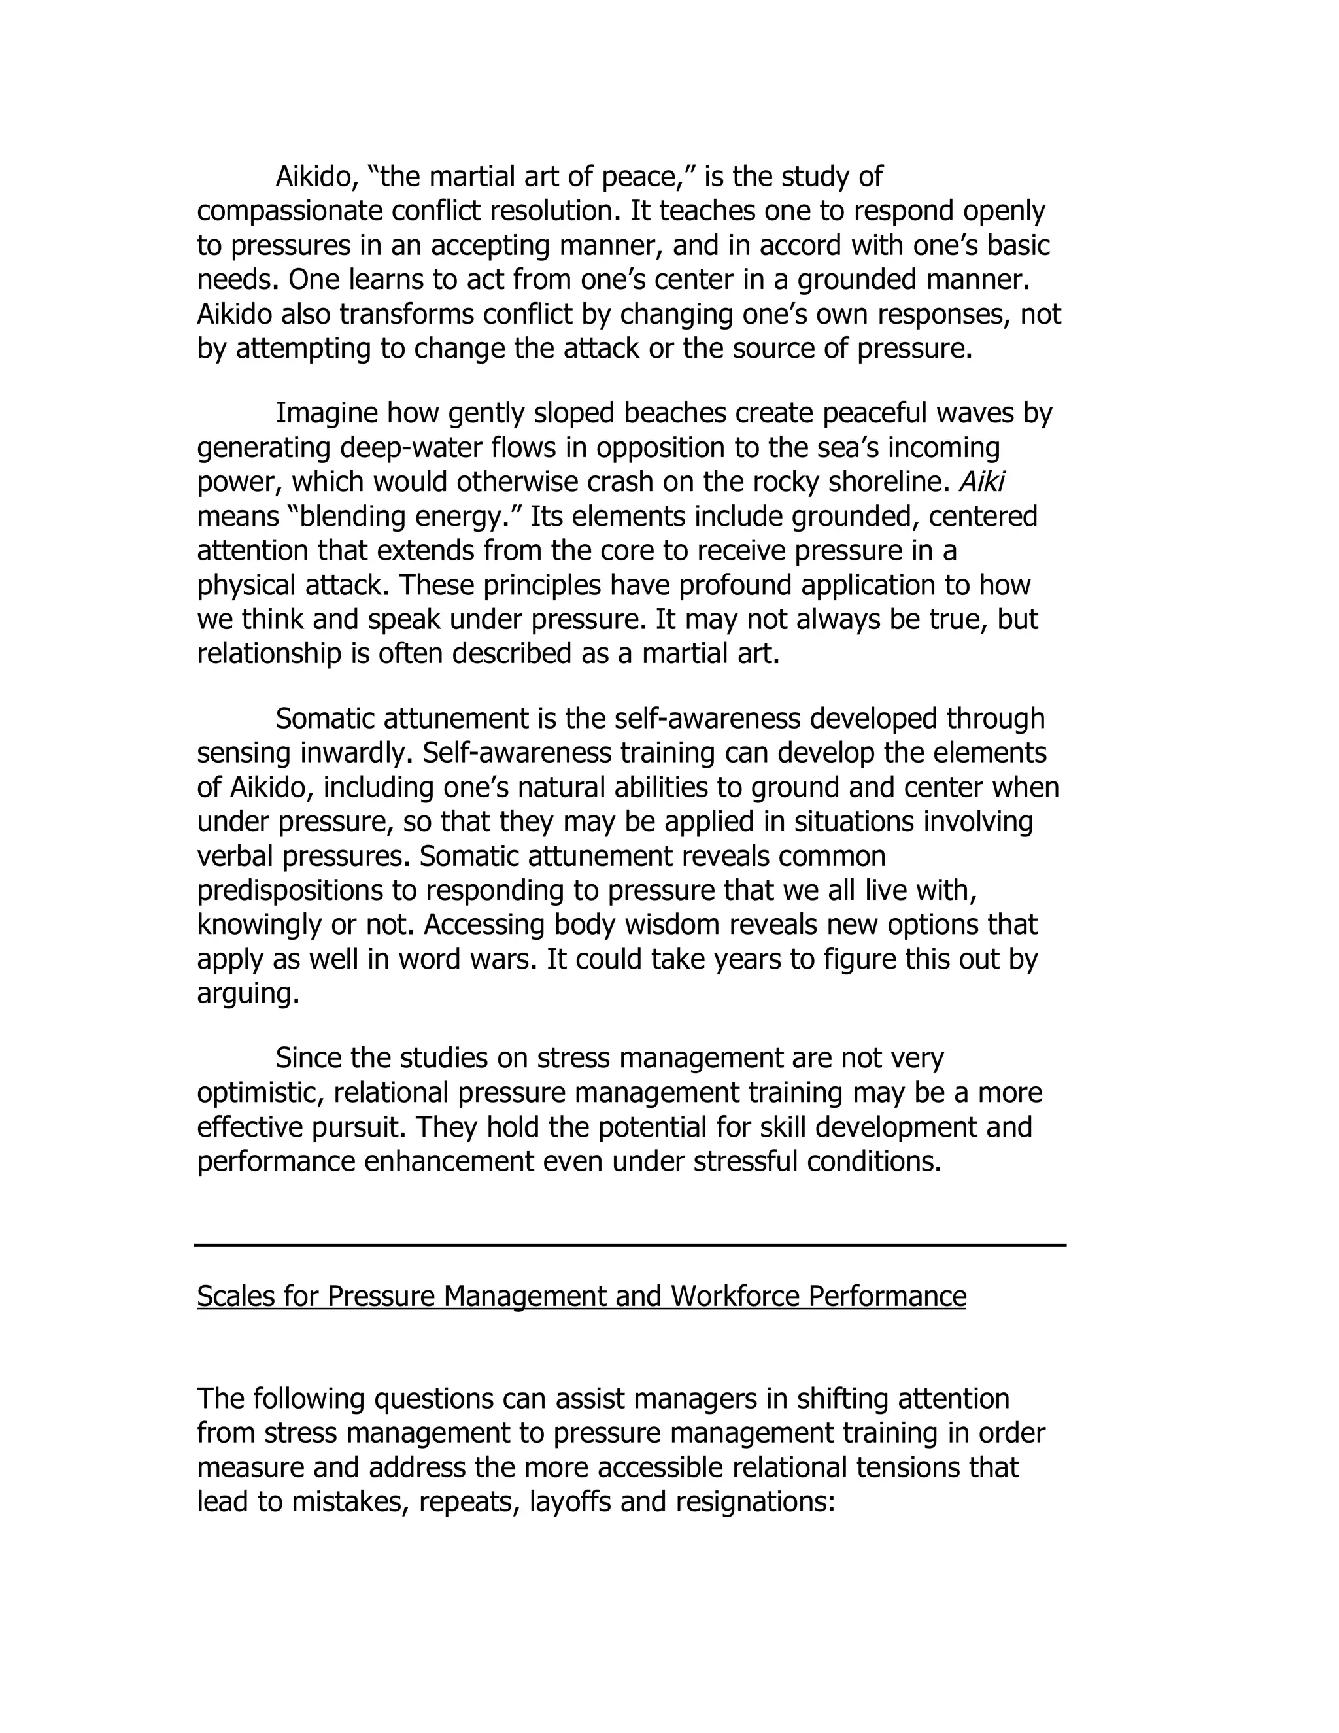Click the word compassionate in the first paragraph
pos(290,212)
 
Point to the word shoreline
pos(886,483)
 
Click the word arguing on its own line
pos(248,994)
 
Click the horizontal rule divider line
pos(630,1246)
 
